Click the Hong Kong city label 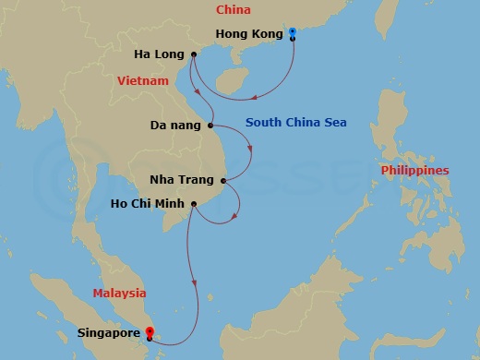(x=247, y=34)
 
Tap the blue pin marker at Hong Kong (x=292, y=33)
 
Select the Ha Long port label (x=159, y=54)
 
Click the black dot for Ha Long (x=194, y=54)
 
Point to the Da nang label (x=176, y=125)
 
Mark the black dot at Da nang (x=211, y=125)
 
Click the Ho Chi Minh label (x=148, y=203)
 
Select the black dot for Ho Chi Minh (x=194, y=203)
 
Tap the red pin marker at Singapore (x=150, y=331)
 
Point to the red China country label (x=232, y=9)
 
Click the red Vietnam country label (x=143, y=81)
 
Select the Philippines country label (x=415, y=171)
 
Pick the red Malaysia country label (x=119, y=293)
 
